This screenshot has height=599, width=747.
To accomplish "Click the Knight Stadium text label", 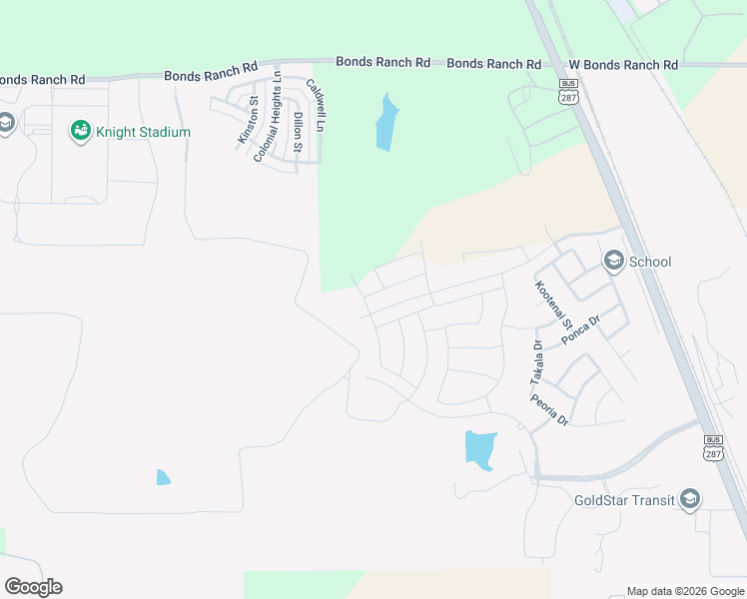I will (x=143, y=132).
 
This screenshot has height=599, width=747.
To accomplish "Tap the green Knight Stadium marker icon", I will (x=79, y=131).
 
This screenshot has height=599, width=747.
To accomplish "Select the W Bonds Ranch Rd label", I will (x=620, y=65).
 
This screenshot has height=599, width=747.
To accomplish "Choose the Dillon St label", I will (x=298, y=130).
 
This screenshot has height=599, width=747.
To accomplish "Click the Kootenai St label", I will (x=552, y=305).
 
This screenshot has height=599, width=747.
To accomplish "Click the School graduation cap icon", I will (x=613, y=262).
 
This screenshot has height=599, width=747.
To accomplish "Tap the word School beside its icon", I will (x=650, y=263).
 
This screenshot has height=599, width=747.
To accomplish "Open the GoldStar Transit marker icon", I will (x=689, y=500).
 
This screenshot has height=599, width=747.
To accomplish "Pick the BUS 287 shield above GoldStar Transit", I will (x=713, y=446).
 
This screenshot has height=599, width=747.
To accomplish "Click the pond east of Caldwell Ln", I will (x=385, y=124).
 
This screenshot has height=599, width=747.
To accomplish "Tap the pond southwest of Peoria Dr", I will (x=479, y=449).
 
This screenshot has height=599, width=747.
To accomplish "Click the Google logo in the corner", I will (x=33, y=587).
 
